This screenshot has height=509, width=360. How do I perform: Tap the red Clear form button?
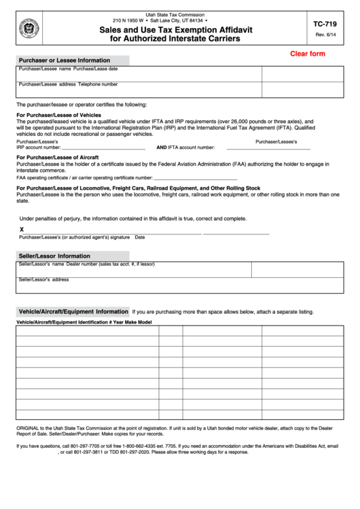(x=307, y=54)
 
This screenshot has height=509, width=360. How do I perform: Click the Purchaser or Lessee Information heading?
(x=65, y=60)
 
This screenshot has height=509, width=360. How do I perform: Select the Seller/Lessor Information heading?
(x=54, y=256)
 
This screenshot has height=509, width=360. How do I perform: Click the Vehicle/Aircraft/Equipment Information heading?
(x=73, y=311)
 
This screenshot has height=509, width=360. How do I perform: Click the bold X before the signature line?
(x=22, y=230)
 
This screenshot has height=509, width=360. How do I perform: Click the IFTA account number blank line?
(x=268, y=147)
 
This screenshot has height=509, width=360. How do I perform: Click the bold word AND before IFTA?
(x=162, y=147)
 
